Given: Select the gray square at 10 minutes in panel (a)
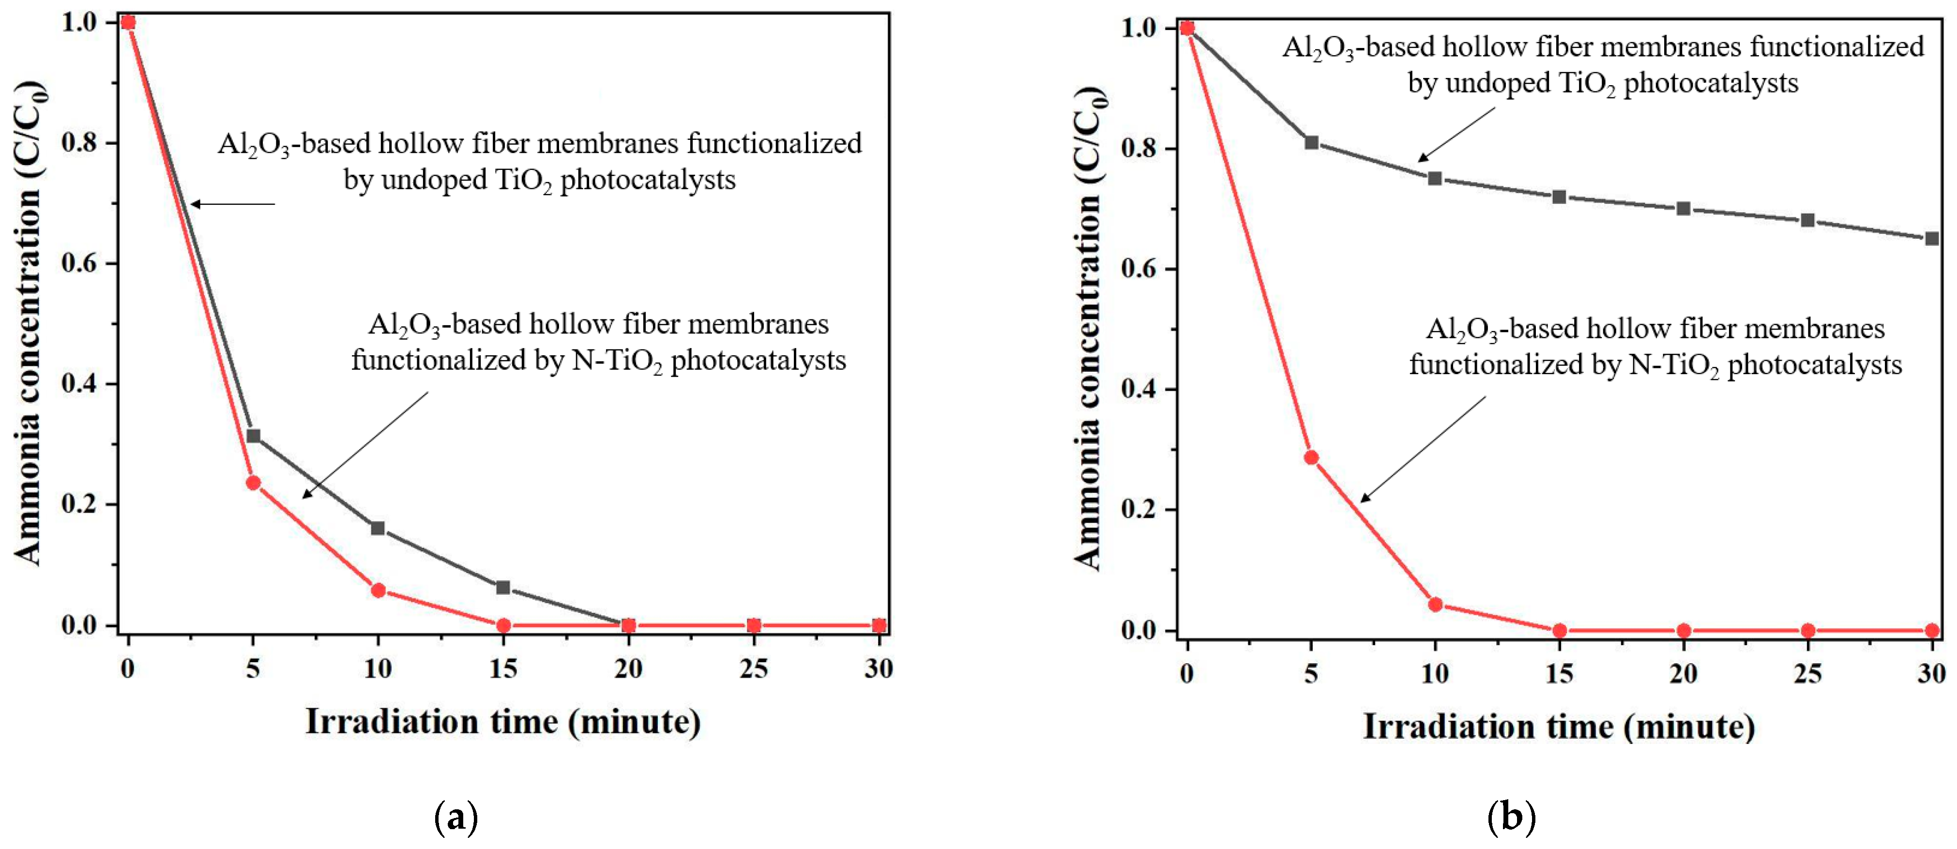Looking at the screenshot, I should pos(378,528).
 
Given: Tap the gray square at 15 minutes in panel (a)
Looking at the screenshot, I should pos(503,587).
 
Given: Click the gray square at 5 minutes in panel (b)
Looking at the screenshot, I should pos(1311,143).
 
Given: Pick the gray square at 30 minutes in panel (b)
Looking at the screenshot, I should pos(1932,239).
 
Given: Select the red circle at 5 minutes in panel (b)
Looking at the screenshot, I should pos(1311,457).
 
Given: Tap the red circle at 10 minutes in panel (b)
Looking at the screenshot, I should pos(1435,605).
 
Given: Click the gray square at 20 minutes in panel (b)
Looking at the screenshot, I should pos(1684,208).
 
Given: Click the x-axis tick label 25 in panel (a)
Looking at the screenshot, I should pos(754,668).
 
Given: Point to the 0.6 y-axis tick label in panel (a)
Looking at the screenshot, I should pos(78,263).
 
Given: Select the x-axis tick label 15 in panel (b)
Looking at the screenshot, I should pos(1559,674).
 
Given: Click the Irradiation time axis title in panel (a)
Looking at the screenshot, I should pos(503,721).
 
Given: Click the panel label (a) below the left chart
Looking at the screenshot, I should pos(456,818).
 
